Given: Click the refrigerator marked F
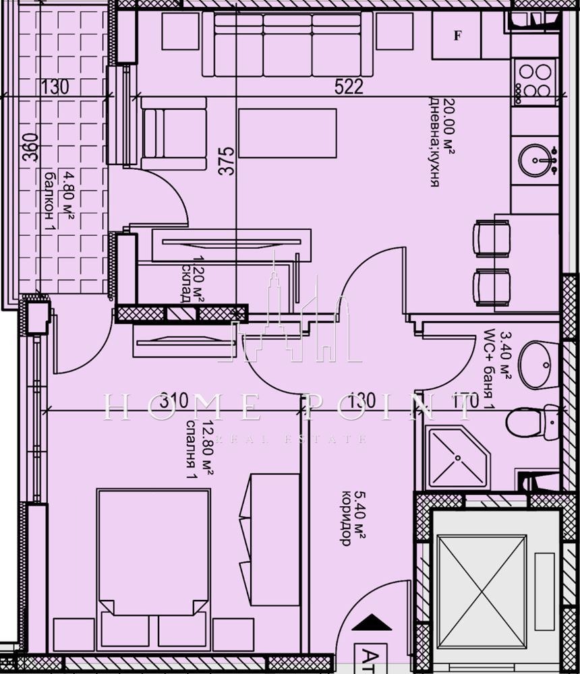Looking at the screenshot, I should point(457,36).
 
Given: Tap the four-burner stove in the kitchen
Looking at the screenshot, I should point(534,82).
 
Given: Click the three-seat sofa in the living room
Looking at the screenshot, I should point(287,45).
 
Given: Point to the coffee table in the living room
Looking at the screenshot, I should point(287,133).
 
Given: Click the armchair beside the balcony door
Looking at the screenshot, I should point(173,133).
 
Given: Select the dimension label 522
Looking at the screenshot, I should point(349,86).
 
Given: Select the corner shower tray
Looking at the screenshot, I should point(456,456).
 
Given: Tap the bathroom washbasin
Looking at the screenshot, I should point(538,365).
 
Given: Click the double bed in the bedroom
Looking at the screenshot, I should point(154,559).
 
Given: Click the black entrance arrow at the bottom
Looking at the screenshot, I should point(371,623).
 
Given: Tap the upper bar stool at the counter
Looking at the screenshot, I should point(492,238).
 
